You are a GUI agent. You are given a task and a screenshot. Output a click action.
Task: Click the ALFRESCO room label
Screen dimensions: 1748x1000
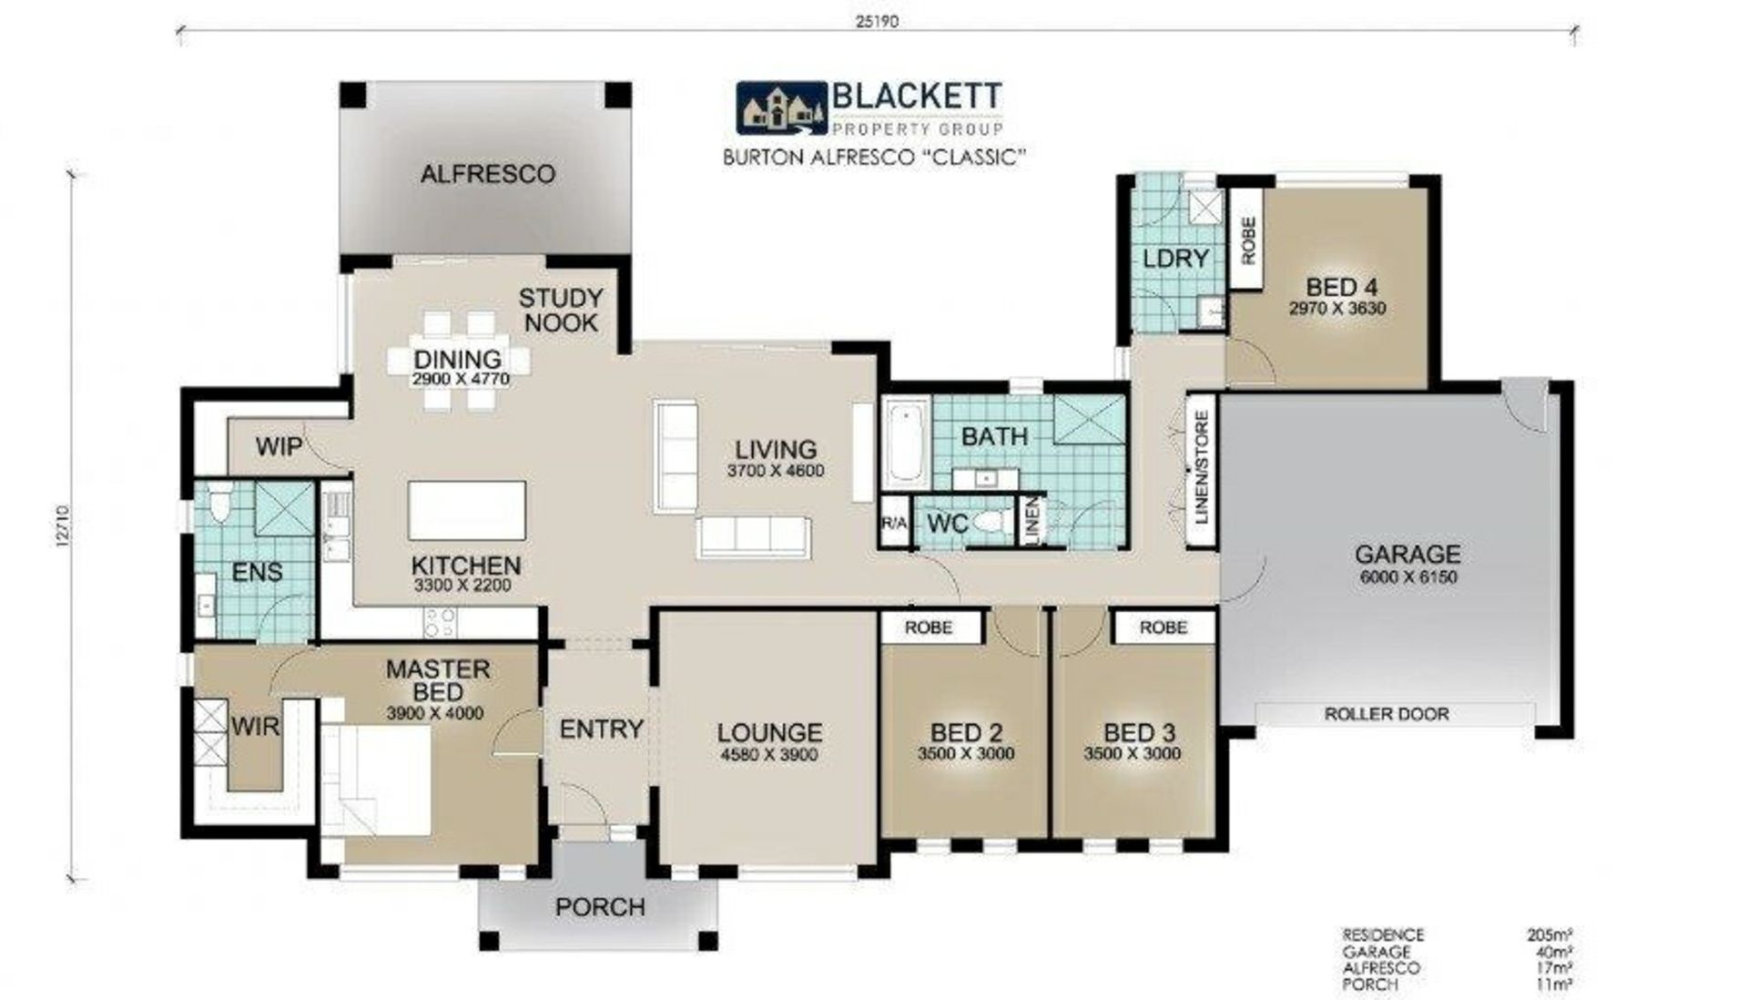point(487,174)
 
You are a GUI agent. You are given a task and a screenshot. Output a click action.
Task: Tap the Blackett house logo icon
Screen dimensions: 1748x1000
point(781,108)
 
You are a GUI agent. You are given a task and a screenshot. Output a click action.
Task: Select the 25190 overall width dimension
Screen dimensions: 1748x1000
point(877,21)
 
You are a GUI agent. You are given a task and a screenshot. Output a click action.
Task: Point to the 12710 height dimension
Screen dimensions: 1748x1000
point(61,526)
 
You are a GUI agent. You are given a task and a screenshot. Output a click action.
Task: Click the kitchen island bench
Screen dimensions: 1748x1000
point(467,511)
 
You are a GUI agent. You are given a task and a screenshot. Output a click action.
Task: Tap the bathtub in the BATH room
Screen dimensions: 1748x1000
point(906,444)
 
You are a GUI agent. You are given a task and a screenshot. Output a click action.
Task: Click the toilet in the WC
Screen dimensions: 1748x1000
point(992,523)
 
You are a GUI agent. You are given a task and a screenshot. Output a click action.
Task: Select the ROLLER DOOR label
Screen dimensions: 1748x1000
point(1387,714)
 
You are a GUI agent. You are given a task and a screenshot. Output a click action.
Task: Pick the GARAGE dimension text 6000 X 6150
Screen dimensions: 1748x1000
point(1408,577)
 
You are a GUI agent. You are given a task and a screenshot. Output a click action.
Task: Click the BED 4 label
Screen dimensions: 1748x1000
point(1336,287)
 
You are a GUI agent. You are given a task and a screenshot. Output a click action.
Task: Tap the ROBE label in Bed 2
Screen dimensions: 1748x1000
point(929,628)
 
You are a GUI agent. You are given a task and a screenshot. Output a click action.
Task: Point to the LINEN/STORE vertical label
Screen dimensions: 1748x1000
point(1202,468)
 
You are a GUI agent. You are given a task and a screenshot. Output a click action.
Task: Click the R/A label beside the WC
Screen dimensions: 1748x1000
point(894,524)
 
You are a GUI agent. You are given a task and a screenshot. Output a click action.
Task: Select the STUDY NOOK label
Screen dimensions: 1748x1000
point(561,311)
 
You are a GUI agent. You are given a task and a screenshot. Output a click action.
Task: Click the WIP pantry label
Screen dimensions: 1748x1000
point(279,447)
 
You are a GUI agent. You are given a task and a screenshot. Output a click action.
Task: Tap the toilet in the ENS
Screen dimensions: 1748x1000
point(219,502)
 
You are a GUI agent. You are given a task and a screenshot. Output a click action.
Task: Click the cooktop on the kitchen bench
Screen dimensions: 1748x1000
point(441,622)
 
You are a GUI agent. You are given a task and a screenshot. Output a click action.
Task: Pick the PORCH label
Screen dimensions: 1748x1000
point(600,907)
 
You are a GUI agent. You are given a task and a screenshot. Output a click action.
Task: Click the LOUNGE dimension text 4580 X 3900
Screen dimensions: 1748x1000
point(769,755)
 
